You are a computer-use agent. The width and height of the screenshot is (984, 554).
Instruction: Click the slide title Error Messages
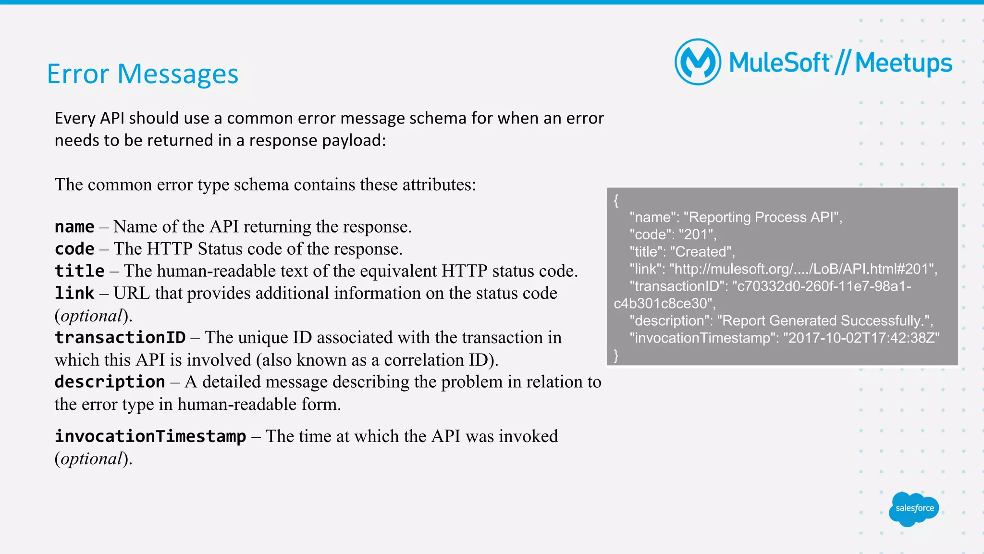142,74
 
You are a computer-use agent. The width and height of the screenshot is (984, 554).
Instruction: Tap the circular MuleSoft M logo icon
698,62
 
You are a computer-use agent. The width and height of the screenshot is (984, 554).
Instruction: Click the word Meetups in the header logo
903,63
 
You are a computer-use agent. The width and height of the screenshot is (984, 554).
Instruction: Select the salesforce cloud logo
914,508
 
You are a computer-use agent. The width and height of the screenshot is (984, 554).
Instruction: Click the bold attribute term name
74,226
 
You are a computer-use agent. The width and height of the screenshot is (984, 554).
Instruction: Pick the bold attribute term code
74,249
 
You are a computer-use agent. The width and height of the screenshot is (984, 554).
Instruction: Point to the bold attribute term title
79,271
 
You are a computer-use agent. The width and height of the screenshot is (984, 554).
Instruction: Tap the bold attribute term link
74,293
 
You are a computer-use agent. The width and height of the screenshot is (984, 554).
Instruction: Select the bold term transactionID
120,338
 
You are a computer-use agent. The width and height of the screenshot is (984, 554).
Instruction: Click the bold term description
110,382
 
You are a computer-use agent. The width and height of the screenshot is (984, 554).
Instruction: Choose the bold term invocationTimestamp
150,436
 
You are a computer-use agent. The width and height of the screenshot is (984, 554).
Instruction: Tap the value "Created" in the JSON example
701,252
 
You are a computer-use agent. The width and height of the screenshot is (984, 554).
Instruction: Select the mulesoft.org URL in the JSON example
802,269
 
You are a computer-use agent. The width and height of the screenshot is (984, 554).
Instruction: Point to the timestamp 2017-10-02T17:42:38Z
861,338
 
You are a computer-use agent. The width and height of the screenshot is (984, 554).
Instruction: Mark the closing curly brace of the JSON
616,356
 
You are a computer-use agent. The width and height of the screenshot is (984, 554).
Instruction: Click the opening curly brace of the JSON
616,200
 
